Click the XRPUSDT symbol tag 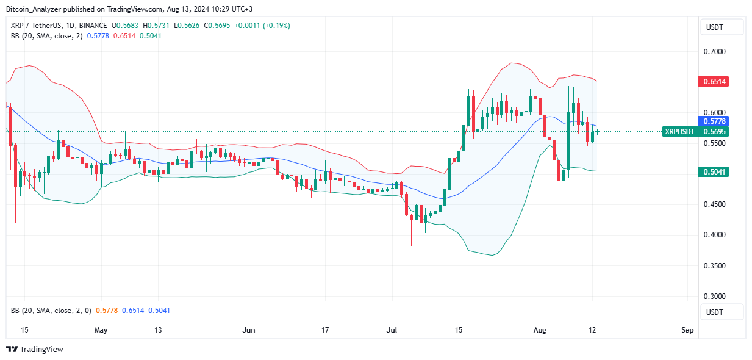(x=679, y=131)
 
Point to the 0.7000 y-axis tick (x=715, y=52)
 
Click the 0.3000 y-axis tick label (x=715, y=297)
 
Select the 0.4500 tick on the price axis (x=715, y=204)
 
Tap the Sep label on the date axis (x=687, y=330)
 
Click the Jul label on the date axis (x=392, y=330)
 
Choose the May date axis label (x=101, y=330)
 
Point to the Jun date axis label (x=249, y=330)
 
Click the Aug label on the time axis (x=540, y=330)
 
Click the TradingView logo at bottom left (x=35, y=349)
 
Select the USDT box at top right (x=723, y=27)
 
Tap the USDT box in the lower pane (x=723, y=312)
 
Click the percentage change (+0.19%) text (x=274, y=26)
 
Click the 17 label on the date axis (x=325, y=330)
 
